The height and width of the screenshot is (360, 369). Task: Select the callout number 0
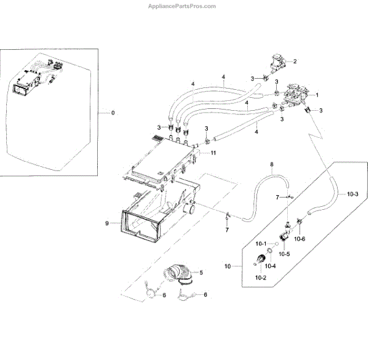tap(113, 113)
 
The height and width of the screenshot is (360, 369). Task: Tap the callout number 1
tap(317, 95)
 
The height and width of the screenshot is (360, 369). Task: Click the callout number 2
tap(295, 61)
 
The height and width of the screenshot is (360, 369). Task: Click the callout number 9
tap(107, 223)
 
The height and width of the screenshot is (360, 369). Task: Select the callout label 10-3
tap(352, 194)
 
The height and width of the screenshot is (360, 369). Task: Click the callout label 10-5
tap(284, 253)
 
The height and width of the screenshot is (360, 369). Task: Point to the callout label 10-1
tap(261, 243)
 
